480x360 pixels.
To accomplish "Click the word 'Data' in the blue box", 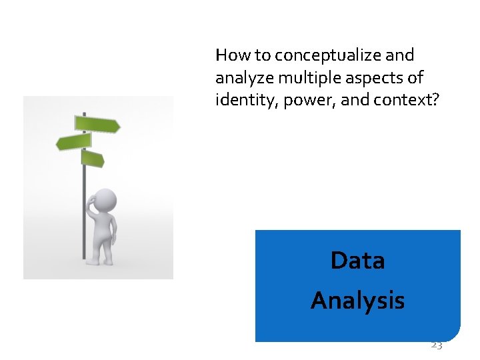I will coord(357,260).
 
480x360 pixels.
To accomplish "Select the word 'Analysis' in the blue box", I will coord(357,301).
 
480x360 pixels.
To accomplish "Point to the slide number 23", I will coord(436,345).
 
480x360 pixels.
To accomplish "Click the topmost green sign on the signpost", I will coord(97,124).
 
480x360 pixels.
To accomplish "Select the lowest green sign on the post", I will coord(93,159).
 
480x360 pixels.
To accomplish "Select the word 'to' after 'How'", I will coord(255,55).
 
